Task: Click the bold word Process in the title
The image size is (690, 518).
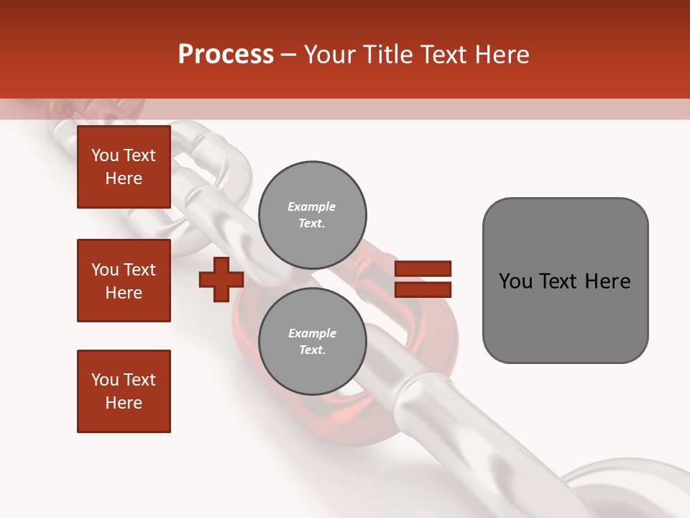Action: click(226, 55)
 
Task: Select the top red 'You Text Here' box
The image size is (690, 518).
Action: click(124, 167)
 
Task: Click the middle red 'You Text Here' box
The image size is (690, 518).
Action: click(124, 281)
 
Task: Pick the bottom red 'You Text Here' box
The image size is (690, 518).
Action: click(124, 391)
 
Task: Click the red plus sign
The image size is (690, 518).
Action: click(221, 280)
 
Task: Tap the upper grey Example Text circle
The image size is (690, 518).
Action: click(312, 215)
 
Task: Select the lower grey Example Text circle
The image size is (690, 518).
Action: click(312, 342)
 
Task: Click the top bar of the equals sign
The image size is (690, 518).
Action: click(423, 268)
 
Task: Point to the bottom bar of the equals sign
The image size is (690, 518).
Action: click(423, 290)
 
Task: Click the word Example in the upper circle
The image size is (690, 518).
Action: click(312, 206)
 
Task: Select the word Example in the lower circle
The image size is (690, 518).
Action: click(312, 333)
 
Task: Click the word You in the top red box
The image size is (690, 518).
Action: click(105, 155)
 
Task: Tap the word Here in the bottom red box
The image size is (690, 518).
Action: click(124, 403)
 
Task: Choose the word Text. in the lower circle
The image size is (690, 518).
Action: click(312, 350)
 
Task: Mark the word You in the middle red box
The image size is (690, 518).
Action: click(105, 270)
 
